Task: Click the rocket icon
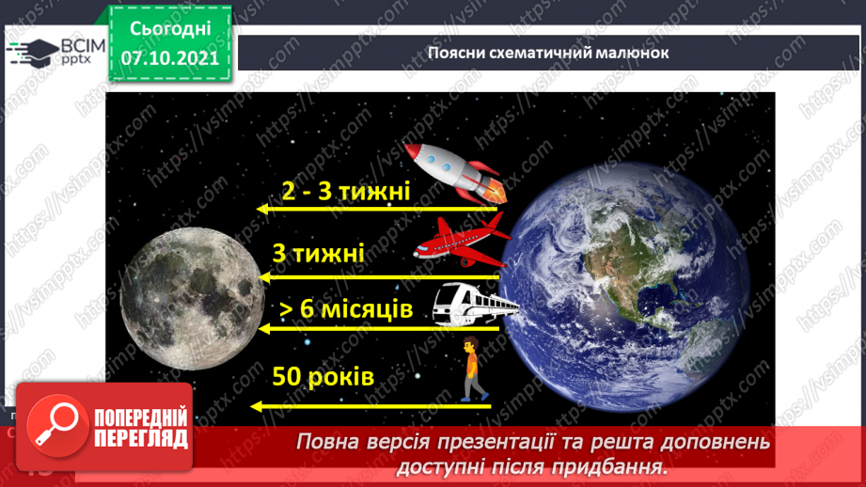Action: pyautogui.click(x=456, y=171)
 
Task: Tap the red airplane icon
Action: pyautogui.click(x=461, y=239)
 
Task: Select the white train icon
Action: pyautogui.click(x=475, y=304)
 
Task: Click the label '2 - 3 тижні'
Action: pyautogui.click(x=346, y=192)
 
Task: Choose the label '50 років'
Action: pyautogui.click(x=323, y=377)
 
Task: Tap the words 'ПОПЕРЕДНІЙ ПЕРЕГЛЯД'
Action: pyautogui.click(x=142, y=430)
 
